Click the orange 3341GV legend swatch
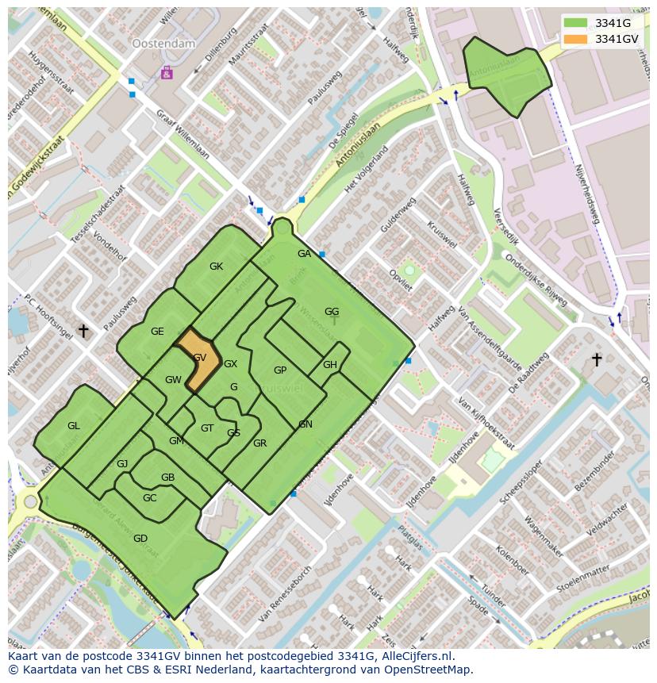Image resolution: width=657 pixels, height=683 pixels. tap(577, 39)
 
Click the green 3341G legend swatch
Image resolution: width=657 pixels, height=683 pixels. tap(577, 23)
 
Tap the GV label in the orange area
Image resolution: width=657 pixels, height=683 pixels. tap(200, 358)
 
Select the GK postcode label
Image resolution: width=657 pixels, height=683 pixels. tap(216, 267)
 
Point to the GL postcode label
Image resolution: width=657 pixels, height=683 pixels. tap(73, 426)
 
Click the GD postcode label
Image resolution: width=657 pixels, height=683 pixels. tap(140, 539)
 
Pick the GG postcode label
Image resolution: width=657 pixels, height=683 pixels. tap(332, 312)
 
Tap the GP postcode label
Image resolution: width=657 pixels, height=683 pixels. tap(280, 370)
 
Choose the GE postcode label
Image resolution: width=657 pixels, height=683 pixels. tap(157, 332)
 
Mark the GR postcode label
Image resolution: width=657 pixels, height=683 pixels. tap(259, 443)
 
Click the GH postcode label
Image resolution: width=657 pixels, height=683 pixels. tap(330, 365)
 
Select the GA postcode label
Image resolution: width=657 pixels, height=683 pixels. tap(304, 254)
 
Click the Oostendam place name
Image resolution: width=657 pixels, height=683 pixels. tap(163, 44)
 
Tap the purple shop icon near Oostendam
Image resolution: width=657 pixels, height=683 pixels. tap(167, 73)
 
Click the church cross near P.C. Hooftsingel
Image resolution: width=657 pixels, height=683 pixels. tap(83, 330)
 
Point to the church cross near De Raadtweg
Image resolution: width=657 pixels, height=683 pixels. tap(597, 359)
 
